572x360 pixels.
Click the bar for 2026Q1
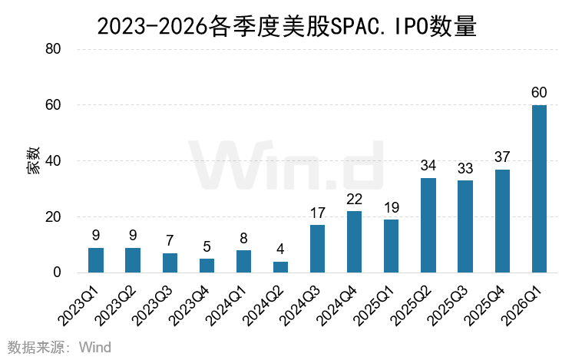click(x=539, y=189)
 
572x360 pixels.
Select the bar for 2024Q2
click(x=281, y=267)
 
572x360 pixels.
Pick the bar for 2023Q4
click(x=207, y=266)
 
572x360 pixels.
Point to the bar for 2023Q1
click(x=96, y=260)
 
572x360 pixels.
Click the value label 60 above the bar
click(x=539, y=93)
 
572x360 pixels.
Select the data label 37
click(x=502, y=157)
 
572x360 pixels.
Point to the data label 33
click(x=465, y=167)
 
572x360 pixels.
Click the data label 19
click(x=392, y=207)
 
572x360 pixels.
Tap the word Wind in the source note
click(x=95, y=348)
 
